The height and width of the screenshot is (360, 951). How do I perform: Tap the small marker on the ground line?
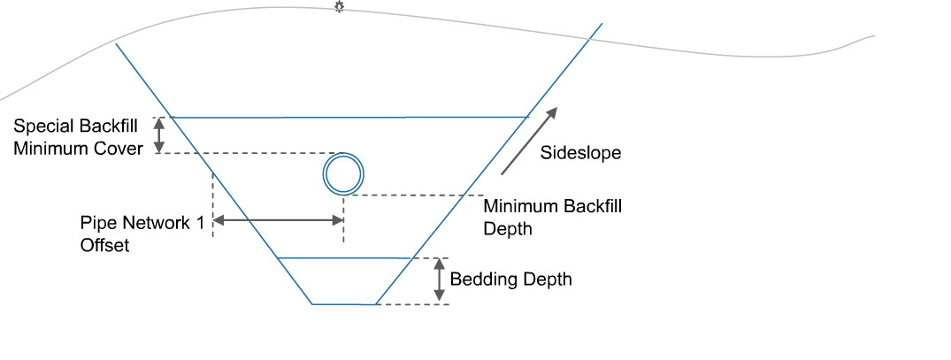(338, 7)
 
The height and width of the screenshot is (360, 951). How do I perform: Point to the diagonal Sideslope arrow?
(529, 140)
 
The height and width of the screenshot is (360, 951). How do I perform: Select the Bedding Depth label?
(510, 280)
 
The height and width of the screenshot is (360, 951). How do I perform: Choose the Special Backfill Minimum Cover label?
(78, 137)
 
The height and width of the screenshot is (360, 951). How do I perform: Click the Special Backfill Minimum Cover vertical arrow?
(159, 135)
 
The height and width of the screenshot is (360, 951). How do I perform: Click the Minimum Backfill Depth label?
(552, 218)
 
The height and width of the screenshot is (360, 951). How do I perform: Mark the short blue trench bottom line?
(344, 304)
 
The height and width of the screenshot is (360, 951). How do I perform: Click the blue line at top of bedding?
(345, 258)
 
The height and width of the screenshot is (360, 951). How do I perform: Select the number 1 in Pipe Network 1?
(198, 222)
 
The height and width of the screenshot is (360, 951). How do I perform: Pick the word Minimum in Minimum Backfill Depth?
(518, 207)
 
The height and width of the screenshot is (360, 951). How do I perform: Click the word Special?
(42, 126)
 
